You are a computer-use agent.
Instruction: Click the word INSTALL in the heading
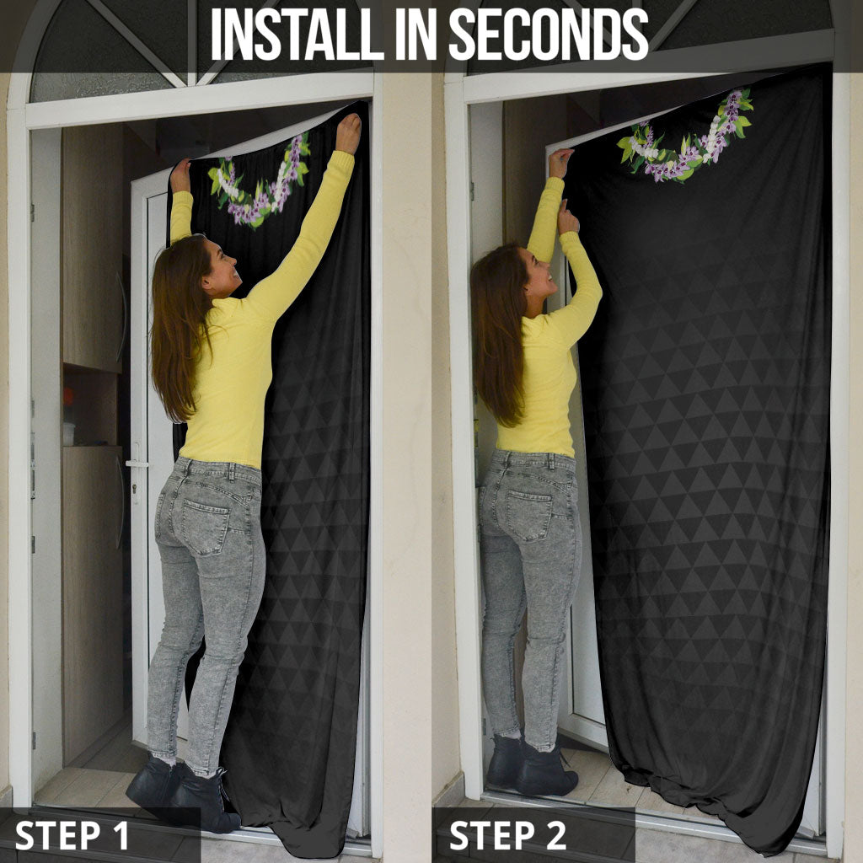pyautogui.click(x=297, y=34)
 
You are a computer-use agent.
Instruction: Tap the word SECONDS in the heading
pyautogui.click(x=549, y=34)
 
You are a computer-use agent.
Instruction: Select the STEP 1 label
pyautogui.click(x=72, y=835)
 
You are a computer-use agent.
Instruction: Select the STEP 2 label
pyautogui.click(x=507, y=835)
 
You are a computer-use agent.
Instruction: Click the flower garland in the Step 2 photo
pyautogui.click(x=684, y=137)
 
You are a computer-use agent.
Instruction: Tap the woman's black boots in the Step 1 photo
pyautogui.click(x=185, y=792)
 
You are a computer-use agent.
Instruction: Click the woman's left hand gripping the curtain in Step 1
pyautogui.click(x=180, y=175)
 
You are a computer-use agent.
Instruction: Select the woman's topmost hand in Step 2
pyautogui.click(x=560, y=163)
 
